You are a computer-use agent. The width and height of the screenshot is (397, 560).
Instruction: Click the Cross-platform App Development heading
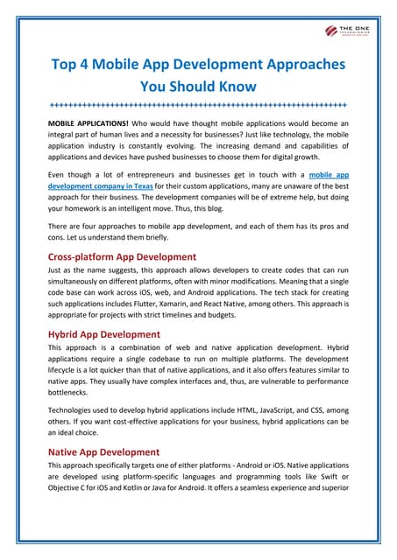122,257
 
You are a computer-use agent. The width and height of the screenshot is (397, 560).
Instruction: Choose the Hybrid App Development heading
104,334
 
